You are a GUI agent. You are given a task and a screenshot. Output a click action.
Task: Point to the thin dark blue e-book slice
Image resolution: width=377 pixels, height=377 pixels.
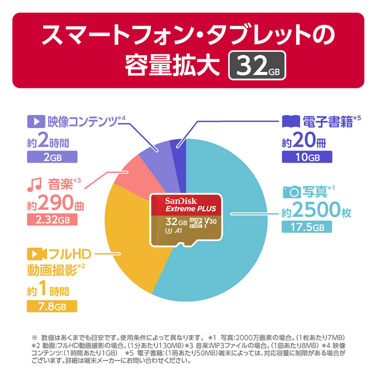[x=176, y=145]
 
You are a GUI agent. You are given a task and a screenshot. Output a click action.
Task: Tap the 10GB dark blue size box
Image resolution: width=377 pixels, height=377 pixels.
[x=307, y=157]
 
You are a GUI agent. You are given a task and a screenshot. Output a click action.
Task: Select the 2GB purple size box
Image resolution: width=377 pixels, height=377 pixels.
[x=52, y=157]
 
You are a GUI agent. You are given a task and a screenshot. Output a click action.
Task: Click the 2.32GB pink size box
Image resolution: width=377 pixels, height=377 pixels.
[x=52, y=219]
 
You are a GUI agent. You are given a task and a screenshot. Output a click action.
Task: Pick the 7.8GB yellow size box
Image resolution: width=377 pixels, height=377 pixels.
[x=52, y=306]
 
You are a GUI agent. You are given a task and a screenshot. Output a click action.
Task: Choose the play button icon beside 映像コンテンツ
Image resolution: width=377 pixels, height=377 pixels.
[x=36, y=123]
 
